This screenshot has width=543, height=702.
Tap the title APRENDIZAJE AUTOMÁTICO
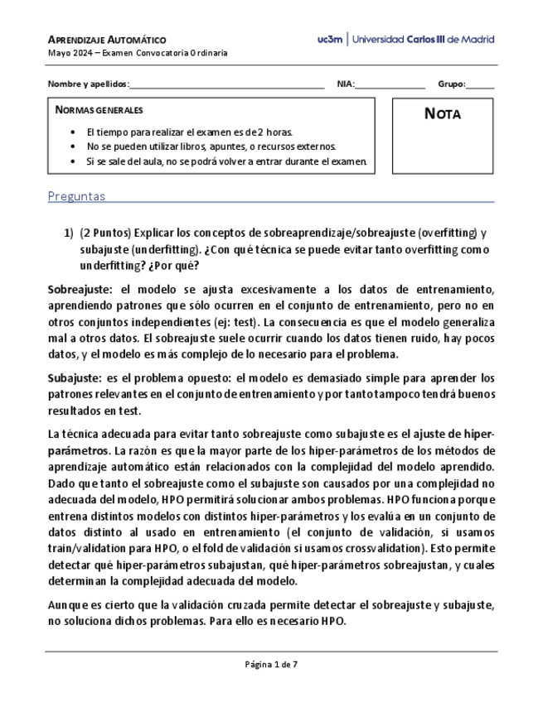coord(107,40)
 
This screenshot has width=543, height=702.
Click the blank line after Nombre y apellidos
coord(227,84)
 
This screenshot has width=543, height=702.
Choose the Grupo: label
coord(452,84)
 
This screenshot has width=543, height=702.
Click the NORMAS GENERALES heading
coord(99,110)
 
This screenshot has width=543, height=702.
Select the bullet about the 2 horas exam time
coord(189,132)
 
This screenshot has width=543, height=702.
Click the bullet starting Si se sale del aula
coord(225,161)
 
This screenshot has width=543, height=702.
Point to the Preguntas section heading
coord(76,196)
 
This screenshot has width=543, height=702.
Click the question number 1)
coord(69,233)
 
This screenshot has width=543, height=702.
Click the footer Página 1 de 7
coord(271,664)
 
